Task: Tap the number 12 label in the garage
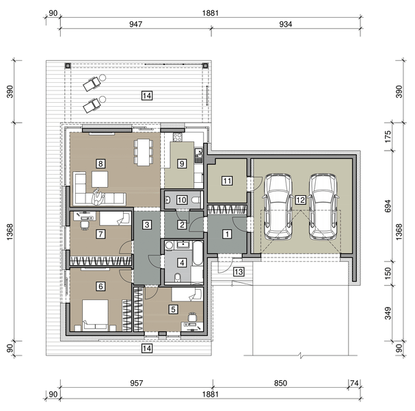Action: coord(300,199)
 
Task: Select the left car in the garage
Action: coord(278,206)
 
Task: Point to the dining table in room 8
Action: coord(142,152)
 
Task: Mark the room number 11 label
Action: coord(227,181)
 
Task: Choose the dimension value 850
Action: coord(280,384)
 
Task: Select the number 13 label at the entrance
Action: coord(238,272)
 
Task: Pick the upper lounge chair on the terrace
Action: coord(92,84)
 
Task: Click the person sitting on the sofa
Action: coord(98,198)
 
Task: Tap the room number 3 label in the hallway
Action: coord(147,224)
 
